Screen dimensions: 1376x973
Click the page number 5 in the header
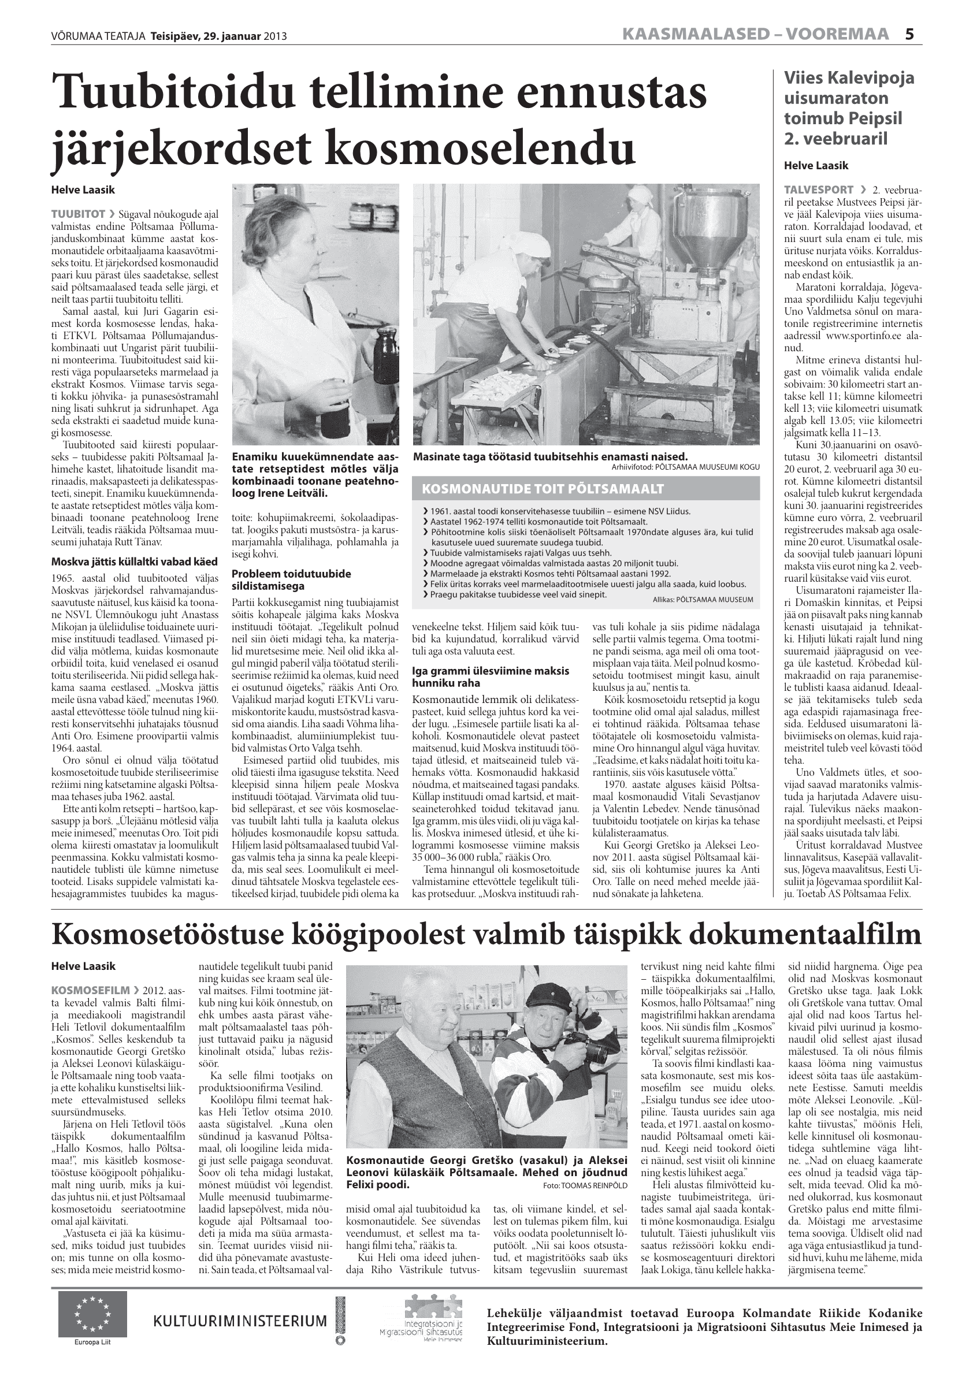tap(909, 34)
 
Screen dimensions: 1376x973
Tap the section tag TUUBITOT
tap(79, 214)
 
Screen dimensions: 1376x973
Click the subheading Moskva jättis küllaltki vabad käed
tap(134, 561)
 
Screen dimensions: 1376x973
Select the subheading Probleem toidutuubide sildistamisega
tap(291, 579)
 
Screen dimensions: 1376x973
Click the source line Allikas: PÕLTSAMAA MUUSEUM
tap(703, 598)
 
